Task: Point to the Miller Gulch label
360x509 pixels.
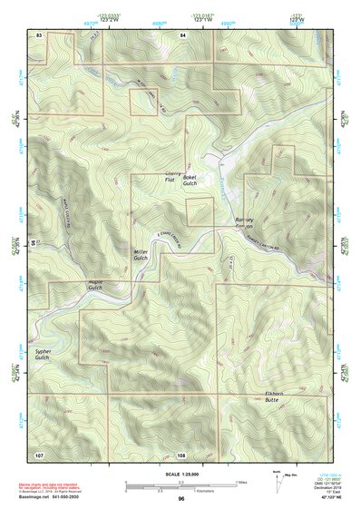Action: click(x=141, y=255)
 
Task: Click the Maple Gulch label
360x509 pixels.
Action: click(x=97, y=285)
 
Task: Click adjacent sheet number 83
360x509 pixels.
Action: click(x=39, y=34)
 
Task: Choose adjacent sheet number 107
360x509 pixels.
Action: click(x=39, y=454)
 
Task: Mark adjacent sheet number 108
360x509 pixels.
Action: click(x=181, y=454)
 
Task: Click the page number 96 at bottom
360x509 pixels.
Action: click(x=181, y=499)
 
